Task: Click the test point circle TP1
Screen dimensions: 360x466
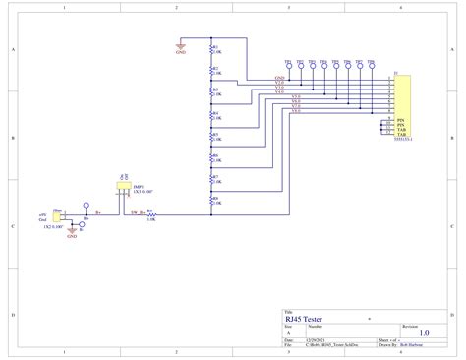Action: (x=288, y=66)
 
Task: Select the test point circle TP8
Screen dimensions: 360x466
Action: (x=371, y=66)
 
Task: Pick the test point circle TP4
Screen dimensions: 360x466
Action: (x=323, y=66)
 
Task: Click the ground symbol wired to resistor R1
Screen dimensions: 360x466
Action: (x=180, y=45)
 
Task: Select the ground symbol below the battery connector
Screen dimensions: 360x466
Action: (x=72, y=233)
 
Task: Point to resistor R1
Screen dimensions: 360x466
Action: (x=211, y=50)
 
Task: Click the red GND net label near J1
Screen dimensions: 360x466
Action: (x=280, y=77)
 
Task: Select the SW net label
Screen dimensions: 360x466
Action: (x=135, y=211)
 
